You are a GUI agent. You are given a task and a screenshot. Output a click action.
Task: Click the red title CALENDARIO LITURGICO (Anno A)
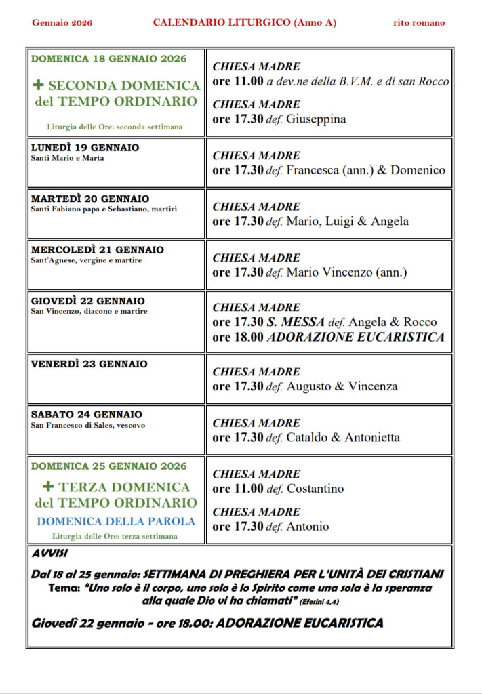(x=245, y=23)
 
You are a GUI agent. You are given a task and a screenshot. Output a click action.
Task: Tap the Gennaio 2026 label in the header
(x=62, y=23)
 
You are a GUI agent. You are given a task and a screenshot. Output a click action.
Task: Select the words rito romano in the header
(x=419, y=23)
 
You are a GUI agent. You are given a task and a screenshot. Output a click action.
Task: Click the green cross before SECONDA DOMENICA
(x=38, y=85)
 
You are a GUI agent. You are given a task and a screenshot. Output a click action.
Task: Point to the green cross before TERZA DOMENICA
(x=48, y=487)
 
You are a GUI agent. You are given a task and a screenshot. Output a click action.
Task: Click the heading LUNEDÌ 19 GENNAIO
(x=85, y=148)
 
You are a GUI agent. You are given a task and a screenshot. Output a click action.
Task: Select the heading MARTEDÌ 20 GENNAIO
(x=90, y=199)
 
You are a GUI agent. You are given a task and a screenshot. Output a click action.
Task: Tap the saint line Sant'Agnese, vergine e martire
(x=87, y=260)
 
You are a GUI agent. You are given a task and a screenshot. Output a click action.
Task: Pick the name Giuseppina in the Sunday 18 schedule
(x=316, y=119)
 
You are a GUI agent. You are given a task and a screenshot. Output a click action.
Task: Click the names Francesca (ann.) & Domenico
(x=365, y=170)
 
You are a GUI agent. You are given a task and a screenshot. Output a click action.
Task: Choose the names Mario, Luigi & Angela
(x=347, y=222)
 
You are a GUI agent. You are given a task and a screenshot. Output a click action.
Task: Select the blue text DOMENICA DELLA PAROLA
(x=116, y=521)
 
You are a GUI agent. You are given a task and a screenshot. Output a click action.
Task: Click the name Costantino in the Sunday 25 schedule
(x=315, y=489)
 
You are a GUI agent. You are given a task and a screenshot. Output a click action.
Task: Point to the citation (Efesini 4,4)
(x=327, y=602)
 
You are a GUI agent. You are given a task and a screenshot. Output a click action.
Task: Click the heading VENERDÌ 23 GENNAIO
(x=89, y=364)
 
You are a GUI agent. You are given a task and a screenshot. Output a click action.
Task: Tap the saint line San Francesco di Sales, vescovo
(x=88, y=426)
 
